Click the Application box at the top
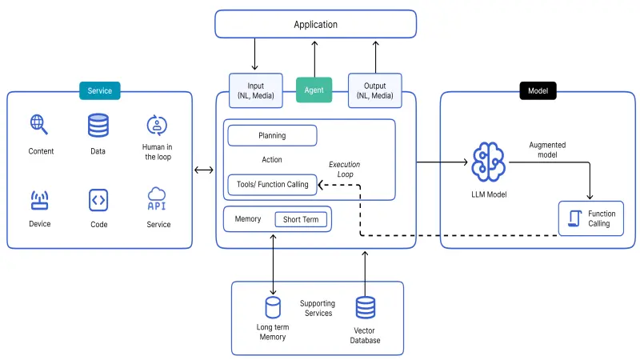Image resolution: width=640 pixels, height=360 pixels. point(315,24)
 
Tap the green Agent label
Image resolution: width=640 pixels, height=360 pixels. point(314,90)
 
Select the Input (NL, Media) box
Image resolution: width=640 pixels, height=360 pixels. point(256,91)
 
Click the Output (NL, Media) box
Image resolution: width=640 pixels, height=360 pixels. point(374,91)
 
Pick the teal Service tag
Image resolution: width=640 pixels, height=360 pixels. point(99,90)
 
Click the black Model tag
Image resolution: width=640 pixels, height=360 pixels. point(538,90)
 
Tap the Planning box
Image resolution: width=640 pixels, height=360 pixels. point(272,135)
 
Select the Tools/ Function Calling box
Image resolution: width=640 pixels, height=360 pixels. point(272,185)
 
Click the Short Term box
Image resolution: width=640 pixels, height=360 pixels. point(301,219)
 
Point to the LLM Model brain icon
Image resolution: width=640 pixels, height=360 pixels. point(488,162)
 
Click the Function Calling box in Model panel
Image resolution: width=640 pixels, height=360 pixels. point(590,218)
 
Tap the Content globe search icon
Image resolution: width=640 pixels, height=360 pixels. point(39,125)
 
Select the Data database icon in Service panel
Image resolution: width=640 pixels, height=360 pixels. point(98,126)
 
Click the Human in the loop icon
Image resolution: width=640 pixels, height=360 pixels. point(157,125)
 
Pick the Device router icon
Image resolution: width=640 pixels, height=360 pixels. point(39,199)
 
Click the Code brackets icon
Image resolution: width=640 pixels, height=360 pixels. point(98,199)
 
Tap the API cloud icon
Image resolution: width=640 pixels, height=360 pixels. point(157,198)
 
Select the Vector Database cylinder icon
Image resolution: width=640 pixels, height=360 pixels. point(366,308)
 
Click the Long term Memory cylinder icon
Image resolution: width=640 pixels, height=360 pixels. point(274,308)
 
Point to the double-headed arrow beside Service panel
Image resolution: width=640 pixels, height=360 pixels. point(204,170)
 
